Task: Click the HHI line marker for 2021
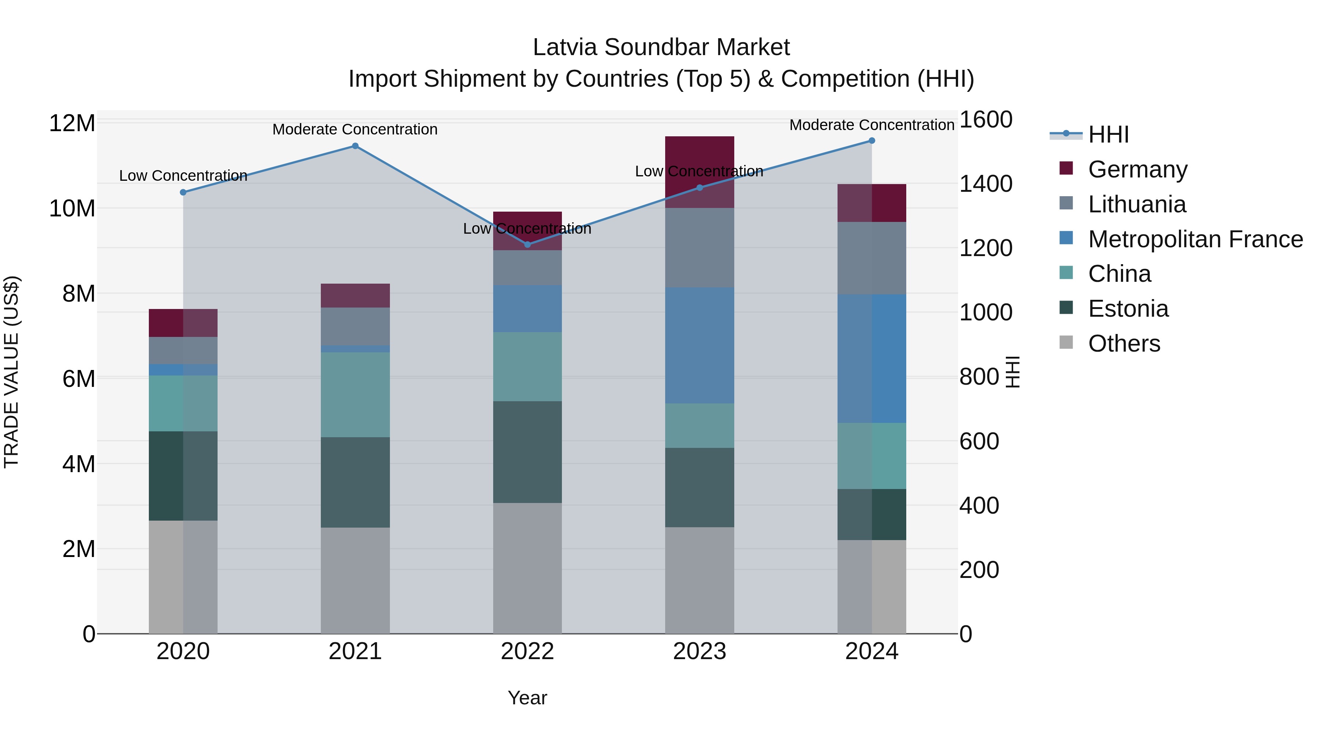(355, 146)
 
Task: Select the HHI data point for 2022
(527, 244)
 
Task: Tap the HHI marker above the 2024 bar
(872, 141)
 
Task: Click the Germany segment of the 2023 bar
(699, 154)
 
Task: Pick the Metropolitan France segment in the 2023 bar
(699, 345)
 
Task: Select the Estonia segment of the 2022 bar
(527, 452)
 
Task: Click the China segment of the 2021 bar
(355, 394)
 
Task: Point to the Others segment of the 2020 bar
(183, 577)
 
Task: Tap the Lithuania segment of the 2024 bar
(872, 258)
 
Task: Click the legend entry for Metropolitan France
(1195, 239)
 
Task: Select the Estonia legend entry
(1128, 309)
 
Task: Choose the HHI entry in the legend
(1108, 134)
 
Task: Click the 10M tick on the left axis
(72, 208)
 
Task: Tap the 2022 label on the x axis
(527, 651)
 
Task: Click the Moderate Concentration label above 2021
(355, 129)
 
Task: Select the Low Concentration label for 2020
(183, 176)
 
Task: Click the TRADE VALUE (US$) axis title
(11, 372)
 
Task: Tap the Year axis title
(527, 698)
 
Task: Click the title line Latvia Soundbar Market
(661, 47)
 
